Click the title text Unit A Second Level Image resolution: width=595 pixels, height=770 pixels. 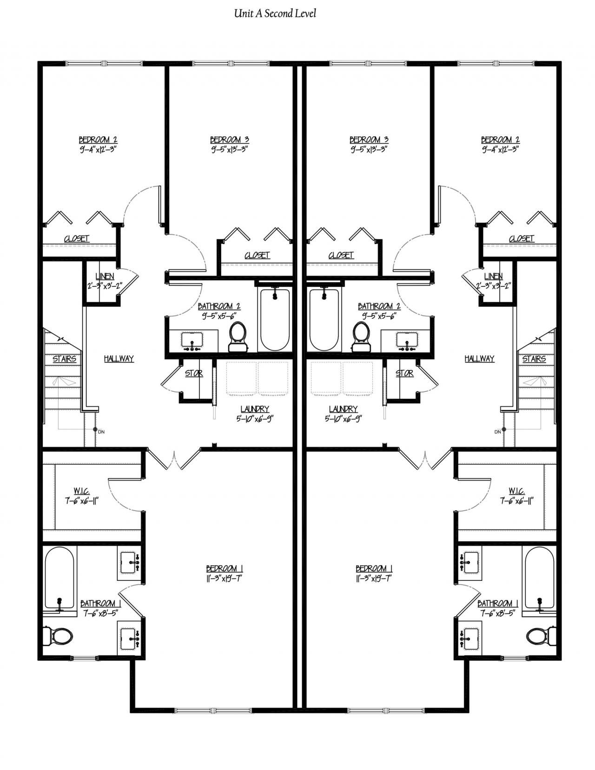coord(275,14)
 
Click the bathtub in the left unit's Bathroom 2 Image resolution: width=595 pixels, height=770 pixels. coord(275,320)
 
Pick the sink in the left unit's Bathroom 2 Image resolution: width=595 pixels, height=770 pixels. coord(192,342)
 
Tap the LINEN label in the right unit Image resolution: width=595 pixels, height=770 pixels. coord(493,276)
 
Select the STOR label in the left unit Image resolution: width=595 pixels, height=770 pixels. coord(194,373)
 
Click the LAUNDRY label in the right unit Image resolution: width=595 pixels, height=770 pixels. coord(343,409)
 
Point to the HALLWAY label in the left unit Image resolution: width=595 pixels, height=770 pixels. coord(119,359)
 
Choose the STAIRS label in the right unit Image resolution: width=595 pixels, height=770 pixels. coord(534,359)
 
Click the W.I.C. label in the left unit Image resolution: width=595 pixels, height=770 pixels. coord(81,491)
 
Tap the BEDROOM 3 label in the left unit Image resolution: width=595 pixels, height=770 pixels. coord(230,139)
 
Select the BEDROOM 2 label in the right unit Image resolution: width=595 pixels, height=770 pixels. coord(500,139)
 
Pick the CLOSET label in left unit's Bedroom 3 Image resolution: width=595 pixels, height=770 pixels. coord(257,255)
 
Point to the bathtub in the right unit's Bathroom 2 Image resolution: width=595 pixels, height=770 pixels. coord(324,320)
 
